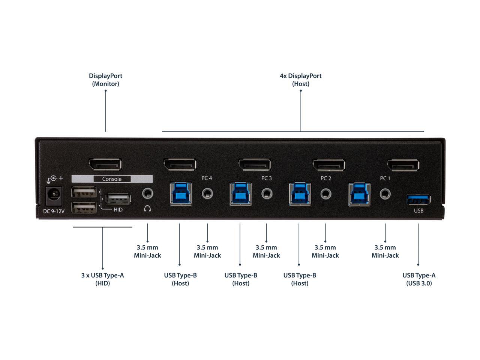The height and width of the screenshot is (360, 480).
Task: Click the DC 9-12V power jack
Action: click(54, 196)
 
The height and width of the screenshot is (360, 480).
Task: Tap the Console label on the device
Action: click(112, 179)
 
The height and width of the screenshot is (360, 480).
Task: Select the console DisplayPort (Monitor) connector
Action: click(105, 165)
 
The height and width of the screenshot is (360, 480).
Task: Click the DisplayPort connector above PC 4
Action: click(180, 165)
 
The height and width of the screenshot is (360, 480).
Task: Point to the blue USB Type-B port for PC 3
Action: click(240, 193)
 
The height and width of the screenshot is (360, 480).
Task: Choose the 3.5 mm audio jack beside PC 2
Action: click(325, 193)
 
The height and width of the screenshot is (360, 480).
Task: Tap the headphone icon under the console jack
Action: click(147, 208)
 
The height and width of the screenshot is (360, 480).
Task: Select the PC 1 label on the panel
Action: click(385, 178)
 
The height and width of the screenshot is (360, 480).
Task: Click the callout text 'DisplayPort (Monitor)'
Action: click(106, 79)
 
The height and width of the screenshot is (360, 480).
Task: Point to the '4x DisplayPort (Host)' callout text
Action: click(301, 79)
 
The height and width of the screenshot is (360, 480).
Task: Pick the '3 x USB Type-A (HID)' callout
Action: click(102, 279)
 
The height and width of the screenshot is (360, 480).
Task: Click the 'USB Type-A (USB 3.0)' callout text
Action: click(419, 279)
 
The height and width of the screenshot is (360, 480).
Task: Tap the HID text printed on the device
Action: click(118, 209)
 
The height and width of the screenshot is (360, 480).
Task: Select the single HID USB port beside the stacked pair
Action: click(118, 198)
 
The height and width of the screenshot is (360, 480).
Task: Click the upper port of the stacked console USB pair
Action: click(84, 193)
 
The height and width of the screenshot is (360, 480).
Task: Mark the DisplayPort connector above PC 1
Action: click(403, 165)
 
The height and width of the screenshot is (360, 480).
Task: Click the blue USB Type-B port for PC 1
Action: click(359, 193)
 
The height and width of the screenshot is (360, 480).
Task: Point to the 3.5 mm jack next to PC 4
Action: click(207, 193)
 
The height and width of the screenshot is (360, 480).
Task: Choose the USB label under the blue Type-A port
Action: click(418, 210)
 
